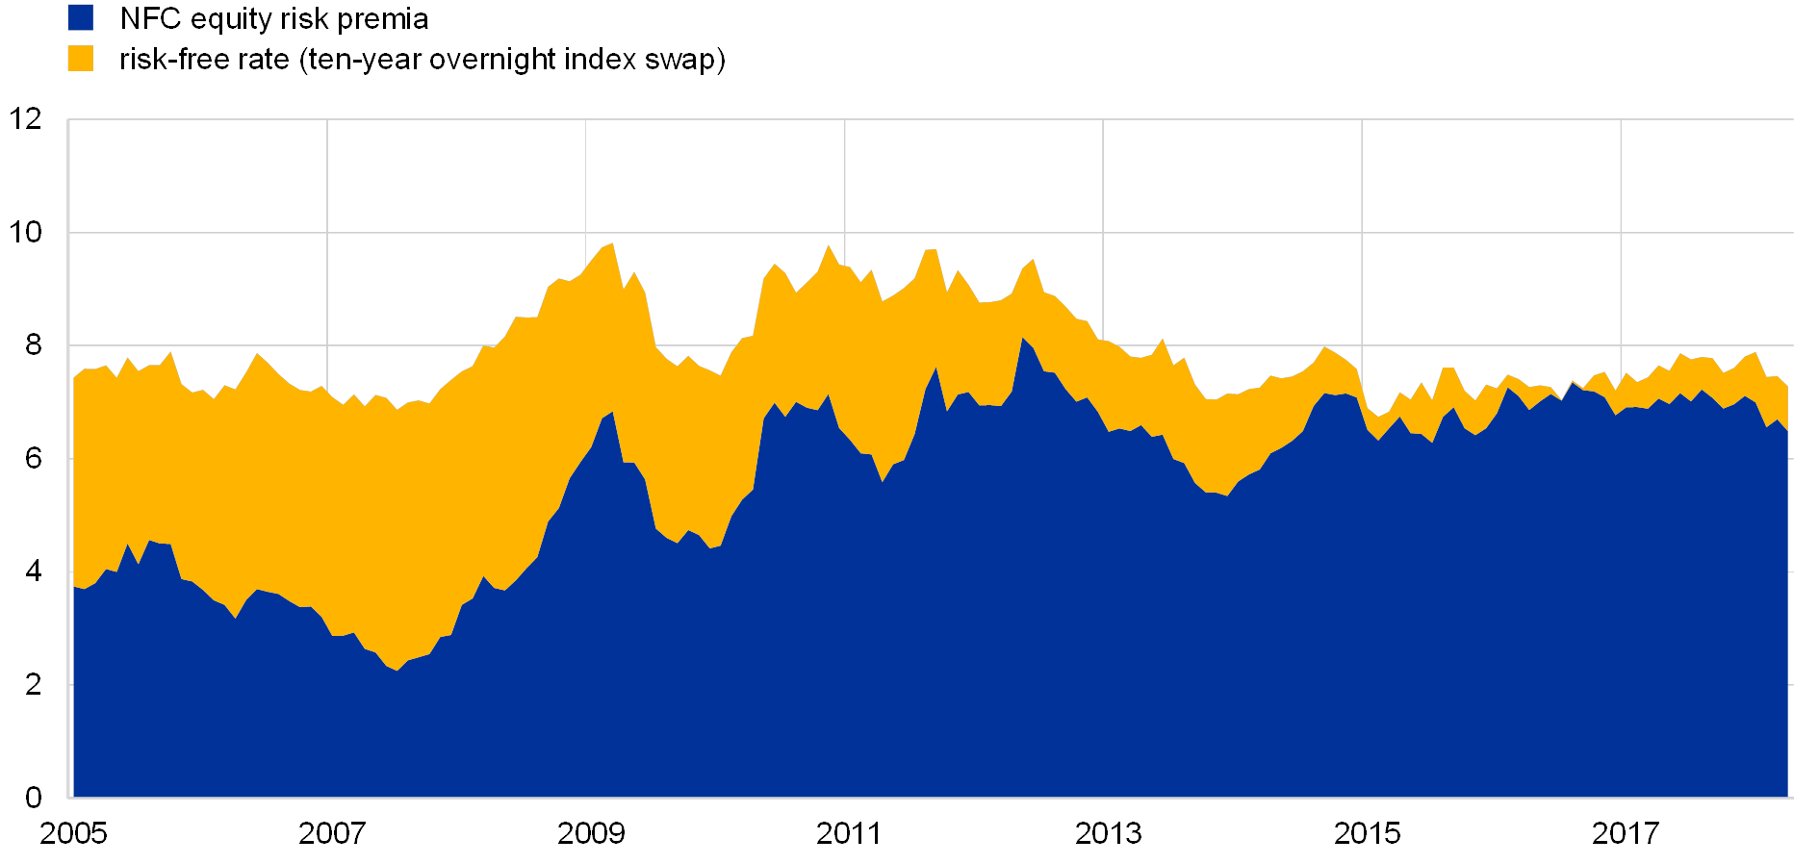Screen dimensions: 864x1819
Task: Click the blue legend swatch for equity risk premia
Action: pyautogui.click(x=81, y=18)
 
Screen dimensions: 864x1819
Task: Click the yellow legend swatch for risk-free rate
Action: pyautogui.click(x=81, y=59)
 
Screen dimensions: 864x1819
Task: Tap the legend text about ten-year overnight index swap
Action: pyautogui.click(x=423, y=60)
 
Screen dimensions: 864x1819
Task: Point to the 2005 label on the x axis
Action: pyautogui.click(x=73, y=832)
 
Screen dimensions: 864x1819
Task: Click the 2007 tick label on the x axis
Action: pyautogui.click(x=332, y=832)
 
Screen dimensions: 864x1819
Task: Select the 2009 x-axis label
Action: pyautogui.click(x=590, y=832)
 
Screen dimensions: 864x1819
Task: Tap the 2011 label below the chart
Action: pyautogui.click(x=849, y=832)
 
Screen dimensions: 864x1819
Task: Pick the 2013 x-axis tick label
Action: pyautogui.click(x=1108, y=832)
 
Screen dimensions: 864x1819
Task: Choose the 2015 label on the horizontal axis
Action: pyautogui.click(x=1367, y=832)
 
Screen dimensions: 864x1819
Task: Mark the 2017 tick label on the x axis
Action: pyautogui.click(x=1625, y=832)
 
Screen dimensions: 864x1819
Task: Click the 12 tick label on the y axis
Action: pyautogui.click(x=26, y=119)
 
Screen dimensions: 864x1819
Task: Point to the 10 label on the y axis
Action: pyautogui.click(x=26, y=232)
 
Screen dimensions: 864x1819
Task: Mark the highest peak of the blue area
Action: pyautogui.click(x=1023, y=338)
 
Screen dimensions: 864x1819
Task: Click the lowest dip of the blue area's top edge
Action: pyautogui.click(x=397, y=670)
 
